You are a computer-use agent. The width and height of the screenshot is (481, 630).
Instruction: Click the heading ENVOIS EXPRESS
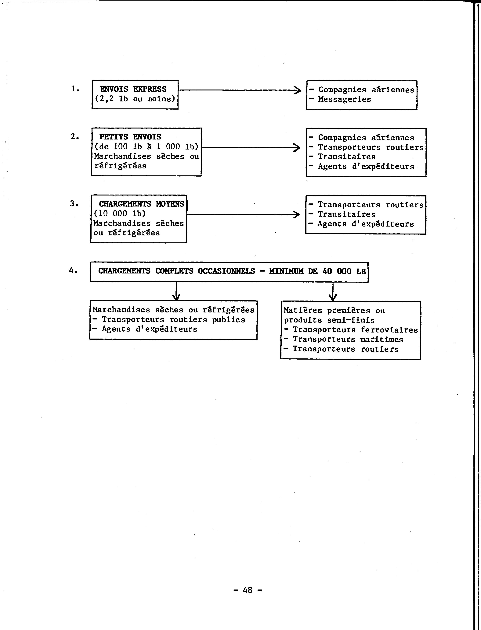(133, 89)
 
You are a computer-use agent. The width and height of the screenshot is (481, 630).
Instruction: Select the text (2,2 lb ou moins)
(135, 99)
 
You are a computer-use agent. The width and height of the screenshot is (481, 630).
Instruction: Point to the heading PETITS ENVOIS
(130, 137)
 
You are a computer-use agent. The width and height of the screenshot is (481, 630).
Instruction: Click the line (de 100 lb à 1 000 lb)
(146, 147)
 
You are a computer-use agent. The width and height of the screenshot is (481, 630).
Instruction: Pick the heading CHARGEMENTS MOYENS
(142, 204)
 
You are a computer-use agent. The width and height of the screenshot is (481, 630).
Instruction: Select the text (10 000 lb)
(120, 213)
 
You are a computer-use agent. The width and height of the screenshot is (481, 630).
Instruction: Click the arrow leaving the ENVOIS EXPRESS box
(239, 90)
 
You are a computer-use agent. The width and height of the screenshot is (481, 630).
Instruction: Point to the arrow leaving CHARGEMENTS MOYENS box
(243, 214)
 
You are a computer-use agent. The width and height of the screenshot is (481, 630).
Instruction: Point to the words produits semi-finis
(329, 320)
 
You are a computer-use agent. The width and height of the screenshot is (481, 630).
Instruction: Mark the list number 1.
(75, 89)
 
